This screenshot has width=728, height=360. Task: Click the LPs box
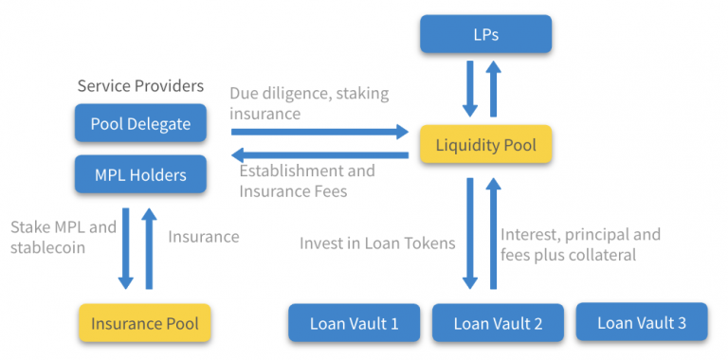485,34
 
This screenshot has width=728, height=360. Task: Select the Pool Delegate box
140,123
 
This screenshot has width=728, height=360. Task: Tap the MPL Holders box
140,174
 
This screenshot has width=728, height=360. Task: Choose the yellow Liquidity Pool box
485,145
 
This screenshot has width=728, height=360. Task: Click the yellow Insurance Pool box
144,323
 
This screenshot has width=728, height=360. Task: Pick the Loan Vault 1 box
354,323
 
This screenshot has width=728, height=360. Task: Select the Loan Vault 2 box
498,323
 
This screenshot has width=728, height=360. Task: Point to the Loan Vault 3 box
641,322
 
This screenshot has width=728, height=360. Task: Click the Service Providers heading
140,86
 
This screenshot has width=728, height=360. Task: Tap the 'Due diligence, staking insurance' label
309,103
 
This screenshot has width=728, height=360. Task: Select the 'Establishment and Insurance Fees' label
306,181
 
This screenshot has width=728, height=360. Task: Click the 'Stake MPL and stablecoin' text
63,238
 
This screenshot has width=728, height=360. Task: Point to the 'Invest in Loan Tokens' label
377,243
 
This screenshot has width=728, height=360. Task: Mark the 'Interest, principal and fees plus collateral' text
580,243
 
